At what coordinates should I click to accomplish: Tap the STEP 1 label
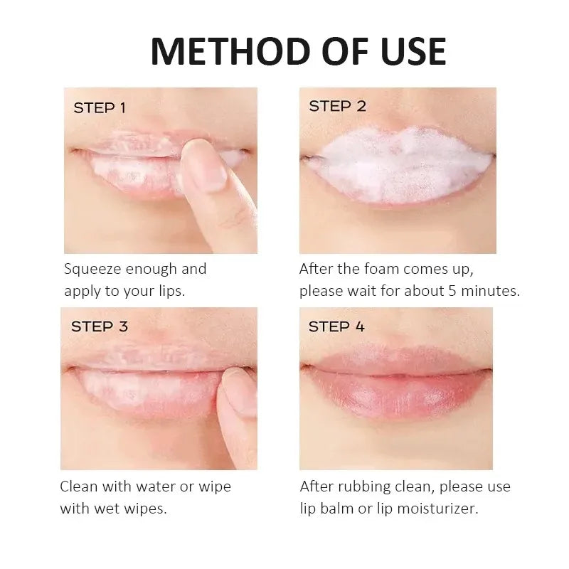point(100,108)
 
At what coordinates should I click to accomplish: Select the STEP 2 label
point(337,106)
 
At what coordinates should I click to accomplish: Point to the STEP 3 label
point(100,326)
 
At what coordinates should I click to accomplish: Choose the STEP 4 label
point(336,326)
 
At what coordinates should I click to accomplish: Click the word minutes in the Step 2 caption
point(489,292)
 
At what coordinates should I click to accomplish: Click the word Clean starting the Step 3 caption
point(78,487)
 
